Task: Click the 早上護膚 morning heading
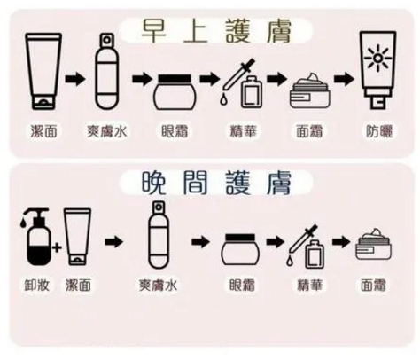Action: [x=216, y=31]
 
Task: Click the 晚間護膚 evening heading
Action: [x=216, y=183]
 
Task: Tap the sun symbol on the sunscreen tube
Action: [x=378, y=59]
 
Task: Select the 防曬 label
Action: [x=379, y=131]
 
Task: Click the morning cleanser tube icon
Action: [x=43, y=72]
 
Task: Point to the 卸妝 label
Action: [x=36, y=285]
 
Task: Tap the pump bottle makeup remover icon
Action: [x=36, y=237]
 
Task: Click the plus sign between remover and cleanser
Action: [x=57, y=247]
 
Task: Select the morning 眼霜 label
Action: [x=175, y=131]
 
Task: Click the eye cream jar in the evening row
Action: [x=240, y=249]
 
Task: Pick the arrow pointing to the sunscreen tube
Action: [x=345, y=79]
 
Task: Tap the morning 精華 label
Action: [x=244, y=131]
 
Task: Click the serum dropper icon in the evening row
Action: [x=305, y=247]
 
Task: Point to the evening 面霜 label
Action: [x=374, y=285]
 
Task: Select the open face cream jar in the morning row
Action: [x=309, y=91]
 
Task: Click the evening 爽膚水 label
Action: [x=159, y=285]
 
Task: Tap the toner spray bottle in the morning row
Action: [x=107, y=72]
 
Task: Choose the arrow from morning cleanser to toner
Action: [x=75, y=79]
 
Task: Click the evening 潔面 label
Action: [x=78, y=285]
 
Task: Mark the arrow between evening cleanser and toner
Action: [x=113, y=242]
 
